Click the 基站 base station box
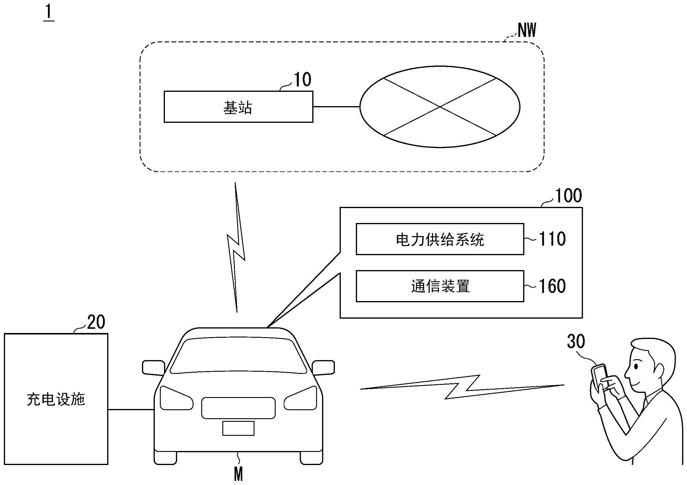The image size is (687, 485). click(x=238, y=107)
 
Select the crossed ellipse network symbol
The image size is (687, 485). click(x=440, y=107)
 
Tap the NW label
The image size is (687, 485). click(x=527, y=30)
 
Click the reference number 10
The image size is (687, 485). click(x=302, y=80)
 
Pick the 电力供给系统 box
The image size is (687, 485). click(x=440, y=239)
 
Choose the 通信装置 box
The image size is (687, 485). click(x=440, y=286)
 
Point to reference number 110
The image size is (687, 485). click(x=552, y=239)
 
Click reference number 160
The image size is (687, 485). click(x=552, y=286)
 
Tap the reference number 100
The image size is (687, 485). click(x=568, y=196)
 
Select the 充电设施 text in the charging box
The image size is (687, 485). click(x=56, y=400)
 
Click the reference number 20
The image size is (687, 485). click(x=96, y=322)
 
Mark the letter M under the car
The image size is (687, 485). click(x=238, y=475)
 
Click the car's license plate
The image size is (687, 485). click(x=238, y=428)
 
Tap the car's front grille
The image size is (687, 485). click(x=238, y=408)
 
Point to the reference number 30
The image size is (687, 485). click(x=576, y=342)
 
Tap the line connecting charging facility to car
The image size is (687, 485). click(x=131, y=410)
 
